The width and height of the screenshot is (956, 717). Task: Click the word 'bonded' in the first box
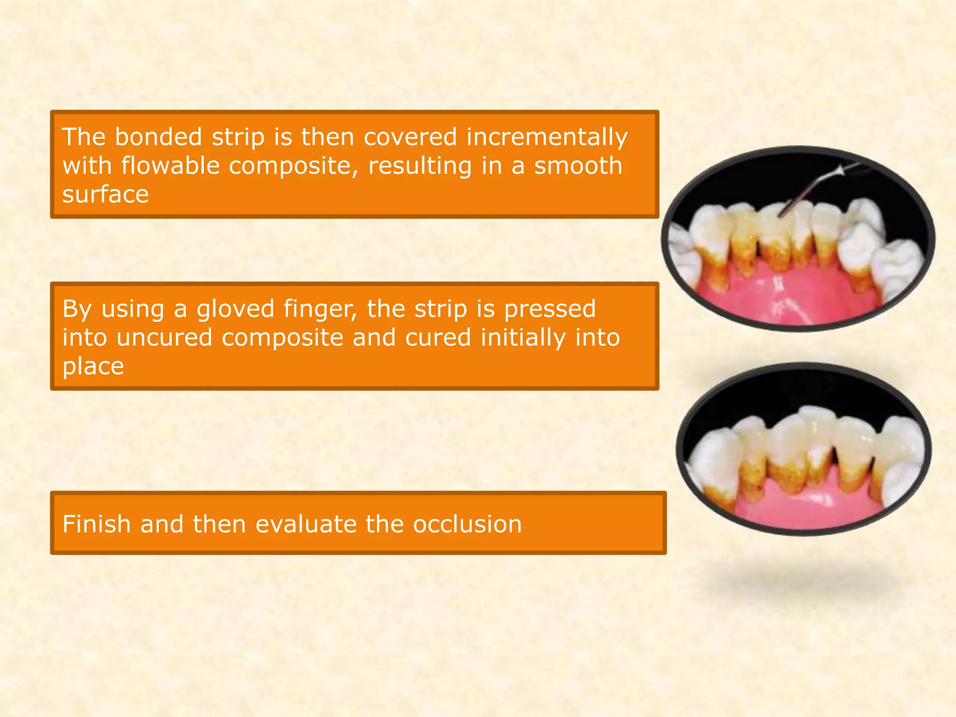158,137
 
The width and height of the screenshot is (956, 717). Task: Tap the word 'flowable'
170,166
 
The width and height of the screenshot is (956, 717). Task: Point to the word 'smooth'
578,166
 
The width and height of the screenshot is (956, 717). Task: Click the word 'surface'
105,195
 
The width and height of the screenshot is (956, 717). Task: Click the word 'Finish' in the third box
97,524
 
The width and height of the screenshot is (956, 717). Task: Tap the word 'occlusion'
467,524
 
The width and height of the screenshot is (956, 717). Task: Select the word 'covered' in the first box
410,137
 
